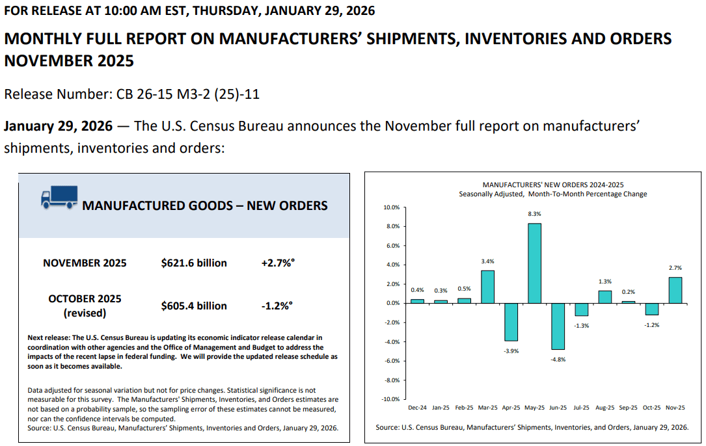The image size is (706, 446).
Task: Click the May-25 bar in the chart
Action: [534, 263]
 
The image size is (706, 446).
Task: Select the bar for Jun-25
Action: [558, 326]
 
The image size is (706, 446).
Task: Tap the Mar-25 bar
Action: [487, 287]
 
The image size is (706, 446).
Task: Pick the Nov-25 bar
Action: [675, 290]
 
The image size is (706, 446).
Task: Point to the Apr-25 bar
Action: [511, 322]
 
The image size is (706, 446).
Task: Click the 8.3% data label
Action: [534, 214]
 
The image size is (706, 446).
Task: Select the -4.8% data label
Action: [558, 360]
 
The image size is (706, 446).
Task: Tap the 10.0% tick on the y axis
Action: [391, 207]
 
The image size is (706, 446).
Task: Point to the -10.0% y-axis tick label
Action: [390, 399]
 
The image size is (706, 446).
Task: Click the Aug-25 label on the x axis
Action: [604, 408]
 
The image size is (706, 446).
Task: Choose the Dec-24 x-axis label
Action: [417, 408]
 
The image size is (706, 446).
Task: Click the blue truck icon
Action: [59, 198]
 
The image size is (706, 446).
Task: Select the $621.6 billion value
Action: [194, 263]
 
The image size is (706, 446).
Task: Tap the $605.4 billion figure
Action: [194, 306]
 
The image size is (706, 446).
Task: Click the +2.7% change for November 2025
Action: [278, 263]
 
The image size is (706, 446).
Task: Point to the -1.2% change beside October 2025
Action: [277, 306]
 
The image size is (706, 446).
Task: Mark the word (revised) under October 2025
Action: [85, 313]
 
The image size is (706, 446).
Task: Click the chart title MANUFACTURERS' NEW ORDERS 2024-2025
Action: [553, 185]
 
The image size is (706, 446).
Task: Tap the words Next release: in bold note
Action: [49, 337]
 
